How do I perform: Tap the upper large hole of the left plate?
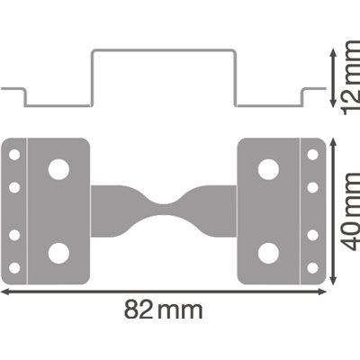(58, 168)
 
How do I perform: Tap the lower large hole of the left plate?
(58, 252)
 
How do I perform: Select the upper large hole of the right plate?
(267, 168)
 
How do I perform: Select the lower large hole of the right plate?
(267, 252)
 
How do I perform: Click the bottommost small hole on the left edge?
(14, 267)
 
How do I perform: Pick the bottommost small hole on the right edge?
(312, 267)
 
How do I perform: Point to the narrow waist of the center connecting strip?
(163, 211)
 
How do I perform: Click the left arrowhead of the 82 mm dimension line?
(4, 292)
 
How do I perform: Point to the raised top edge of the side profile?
(163, 51)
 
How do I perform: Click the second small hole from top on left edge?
(14, 187)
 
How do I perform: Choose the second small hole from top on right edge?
(312, 187)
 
